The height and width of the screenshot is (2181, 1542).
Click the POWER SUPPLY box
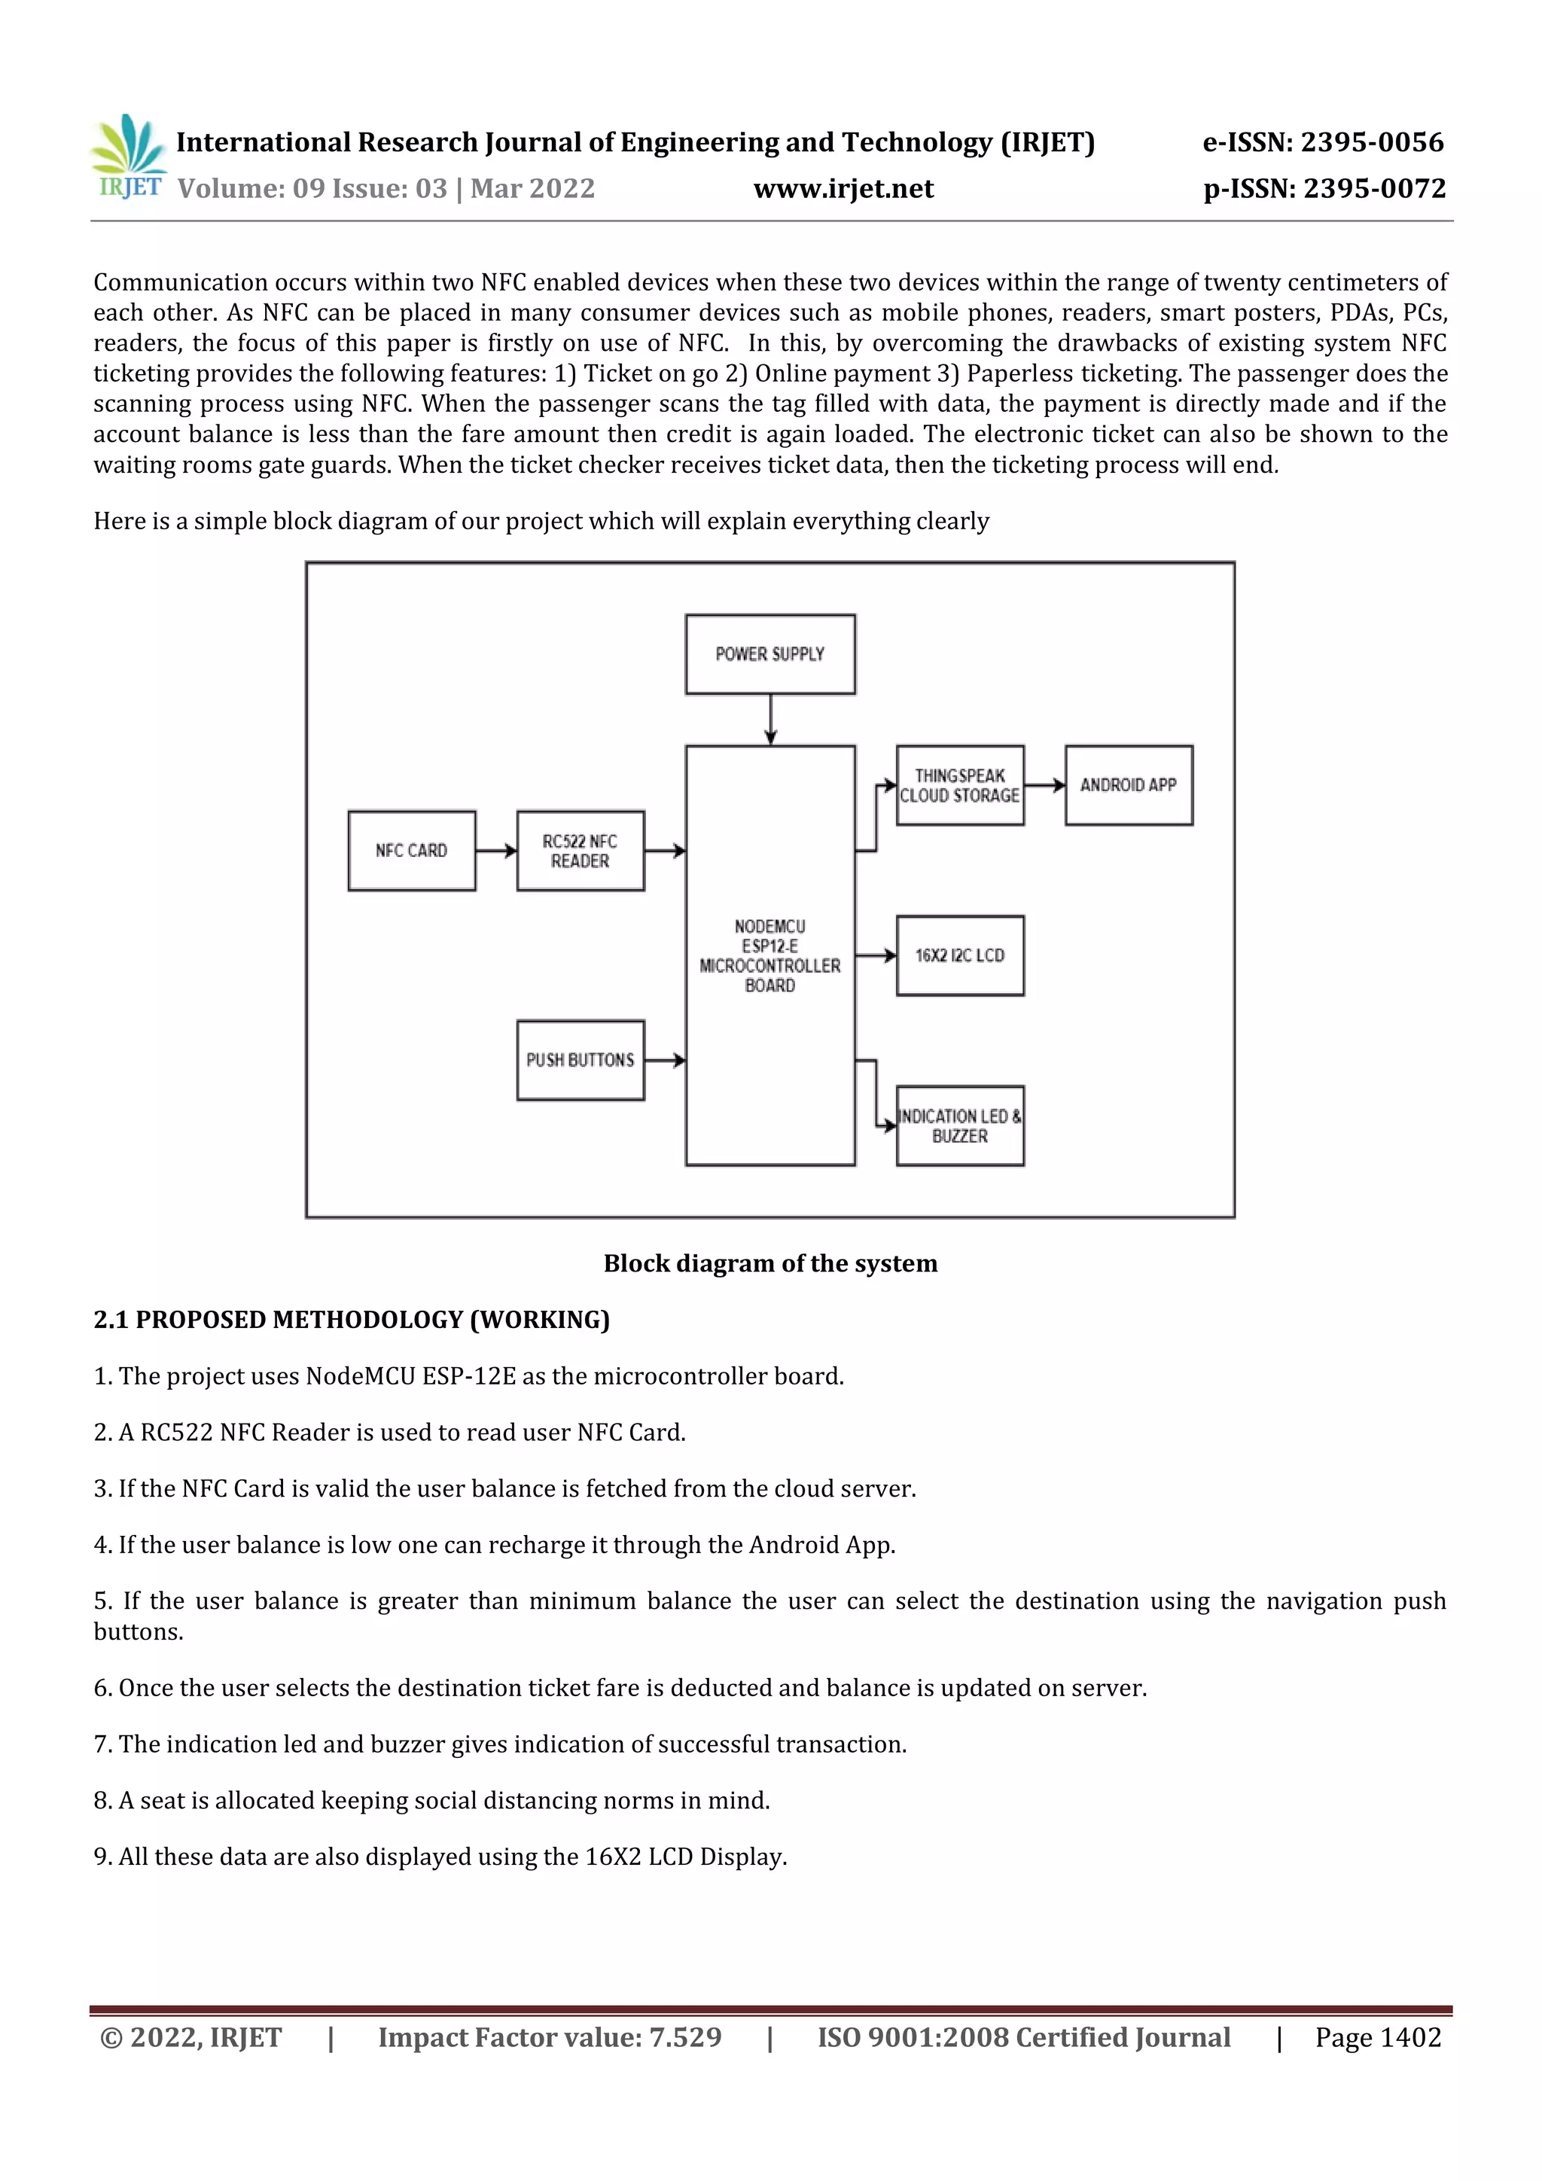click(x=769, y=654)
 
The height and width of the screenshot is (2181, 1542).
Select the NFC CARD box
click(x=411, y=850)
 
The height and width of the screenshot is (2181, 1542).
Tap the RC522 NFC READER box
click(x=581, y=850)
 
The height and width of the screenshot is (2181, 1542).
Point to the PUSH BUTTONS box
click(x=581, y=1060)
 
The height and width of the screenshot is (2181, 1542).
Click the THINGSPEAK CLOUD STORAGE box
click(x=959, y=785)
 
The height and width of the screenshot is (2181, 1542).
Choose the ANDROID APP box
click(x=1129, y=784)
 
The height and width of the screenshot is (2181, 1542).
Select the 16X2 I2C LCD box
click(x=959, y=955)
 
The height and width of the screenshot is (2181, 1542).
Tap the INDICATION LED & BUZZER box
click(x=959, y=1126)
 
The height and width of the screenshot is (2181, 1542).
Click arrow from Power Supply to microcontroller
click(x=770, y=719)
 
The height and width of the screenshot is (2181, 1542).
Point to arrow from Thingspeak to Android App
click(x=1044, y=784)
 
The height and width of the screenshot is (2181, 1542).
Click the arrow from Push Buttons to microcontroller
click(x=664, y=1060)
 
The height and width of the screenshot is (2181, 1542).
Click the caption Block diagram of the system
click(x=769, y=1263)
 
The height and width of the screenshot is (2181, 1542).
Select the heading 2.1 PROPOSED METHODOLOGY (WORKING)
click(x=352, y=1320)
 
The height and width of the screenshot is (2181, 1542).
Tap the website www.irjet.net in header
click(x=843, y=189)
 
